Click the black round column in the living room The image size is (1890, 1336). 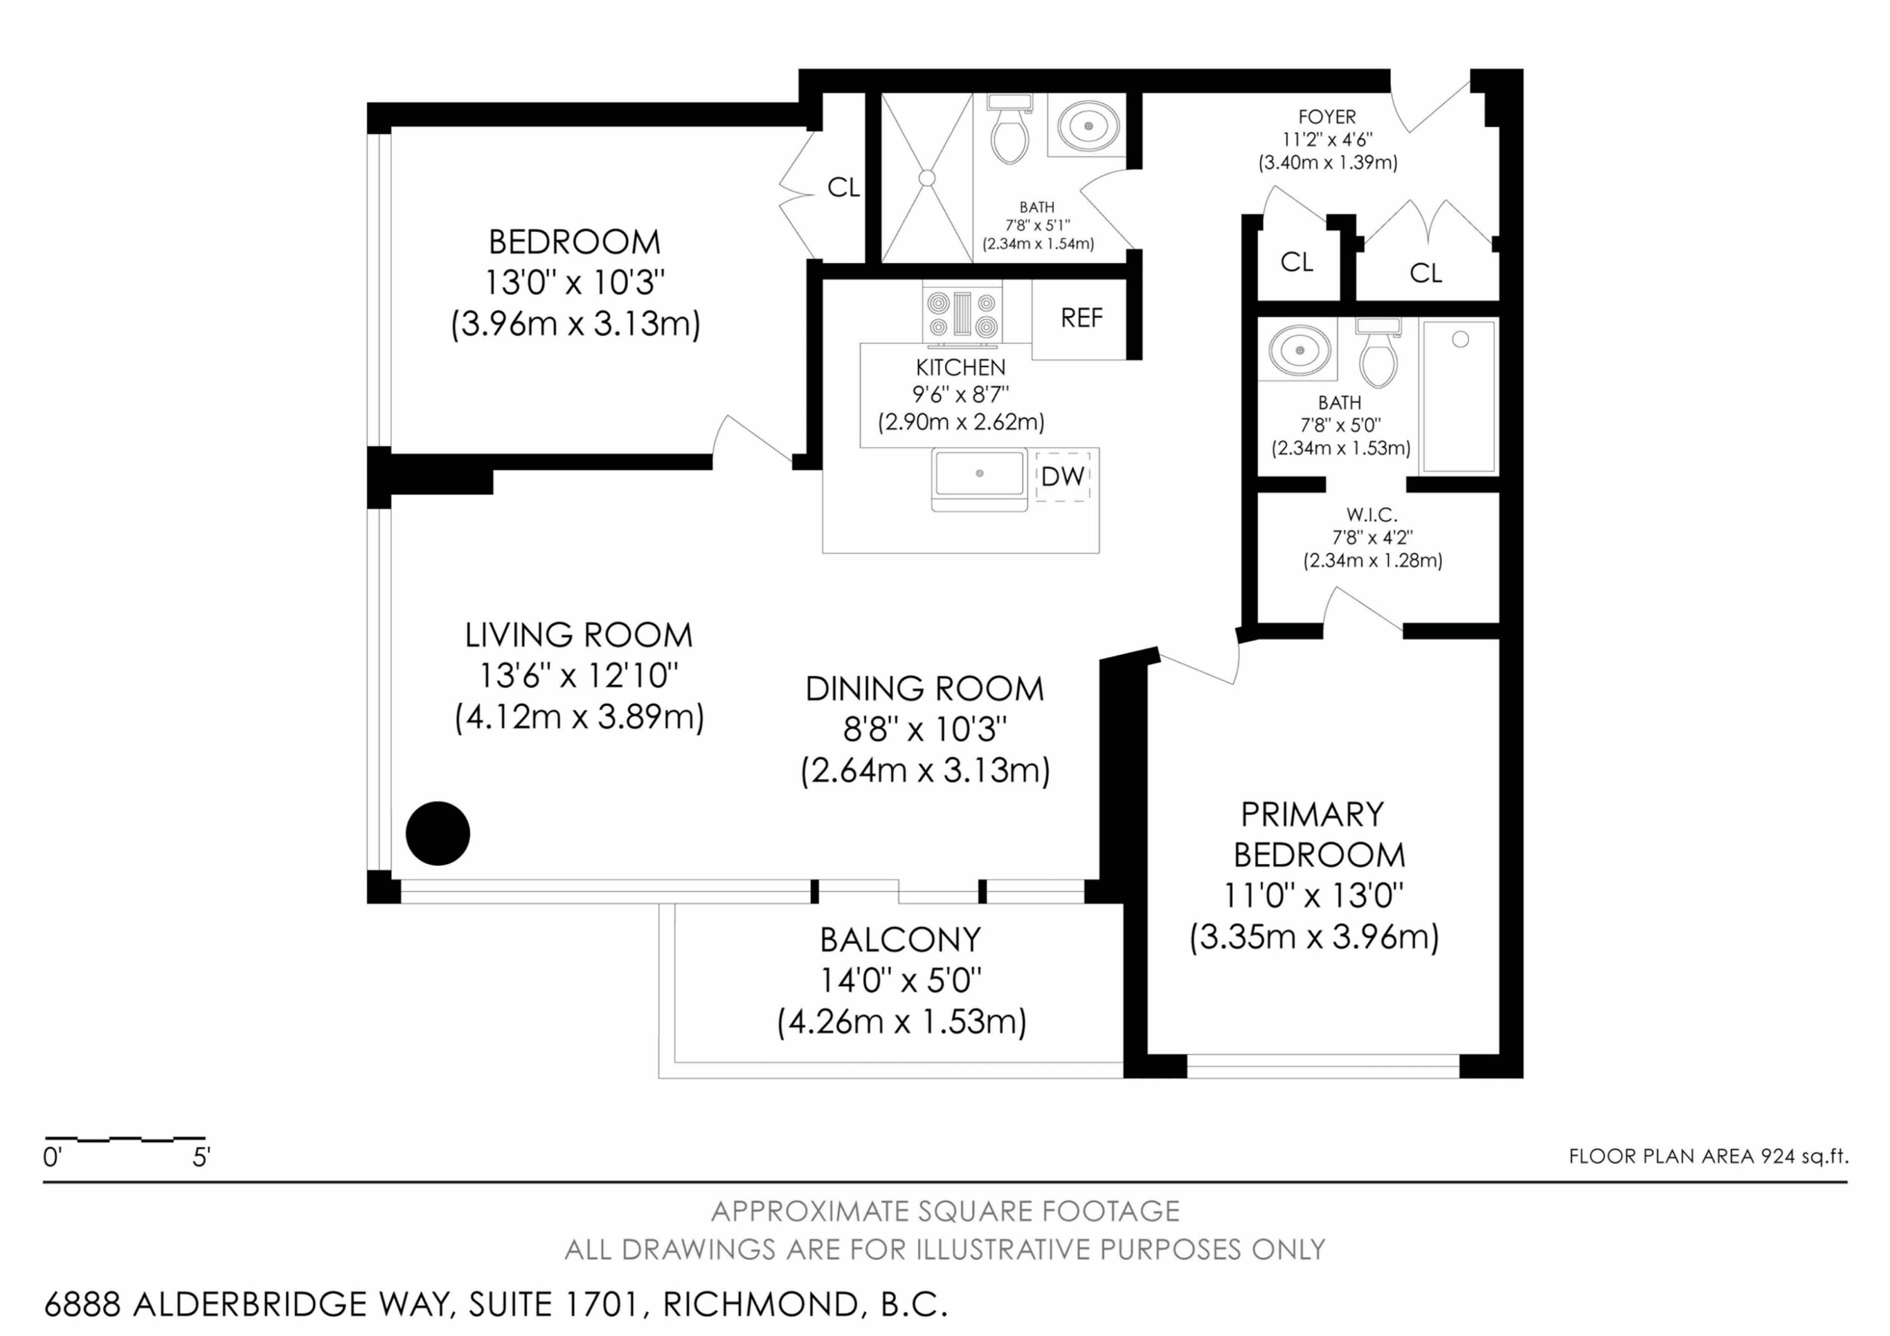coord(438,833)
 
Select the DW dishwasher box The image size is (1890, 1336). coord(1063,476)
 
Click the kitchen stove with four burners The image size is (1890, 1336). coord(962,313)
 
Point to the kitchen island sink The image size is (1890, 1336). coord(980,479)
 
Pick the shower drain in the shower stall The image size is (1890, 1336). coord(927,178)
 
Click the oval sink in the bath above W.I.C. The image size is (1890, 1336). coord(1298,350)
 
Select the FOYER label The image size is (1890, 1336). coord(1327,117)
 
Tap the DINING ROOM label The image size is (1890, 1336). coord(924,688)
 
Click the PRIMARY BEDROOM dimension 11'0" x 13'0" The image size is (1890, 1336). coord(1313,895)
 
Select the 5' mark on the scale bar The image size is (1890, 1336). coord(202,1158)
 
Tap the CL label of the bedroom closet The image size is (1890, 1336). coord(844,188)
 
